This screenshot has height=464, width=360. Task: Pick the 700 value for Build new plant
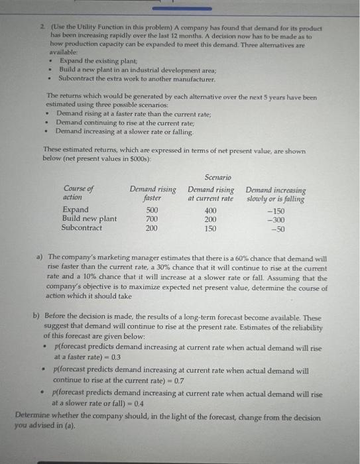coord(152,219)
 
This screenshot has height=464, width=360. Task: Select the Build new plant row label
coord(89,219)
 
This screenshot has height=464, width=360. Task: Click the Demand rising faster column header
coord(152,193)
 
